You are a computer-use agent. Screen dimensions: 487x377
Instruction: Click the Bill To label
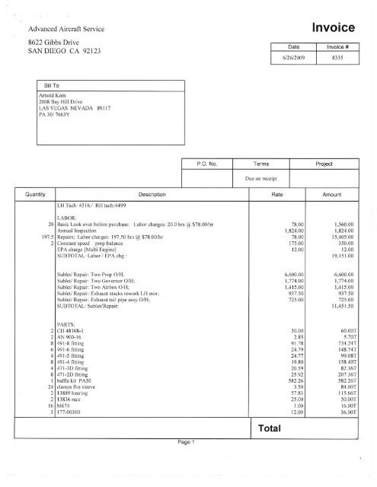tap(46, 86)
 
